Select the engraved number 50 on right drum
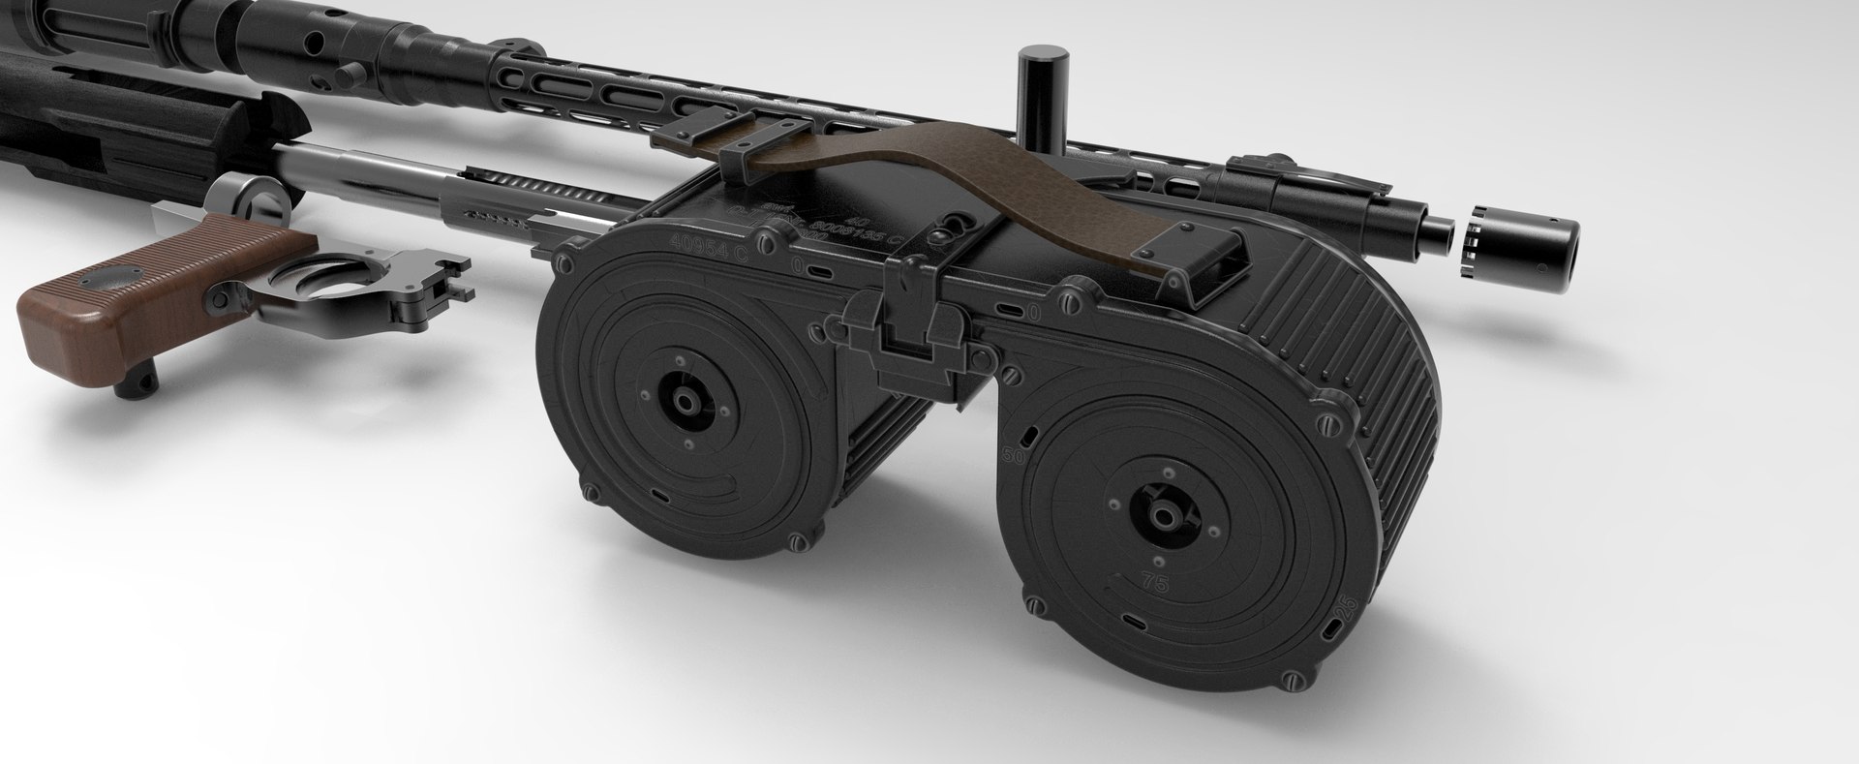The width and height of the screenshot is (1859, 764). (x=1016, y=455)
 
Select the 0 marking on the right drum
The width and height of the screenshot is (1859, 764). (x=1034, y=312)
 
